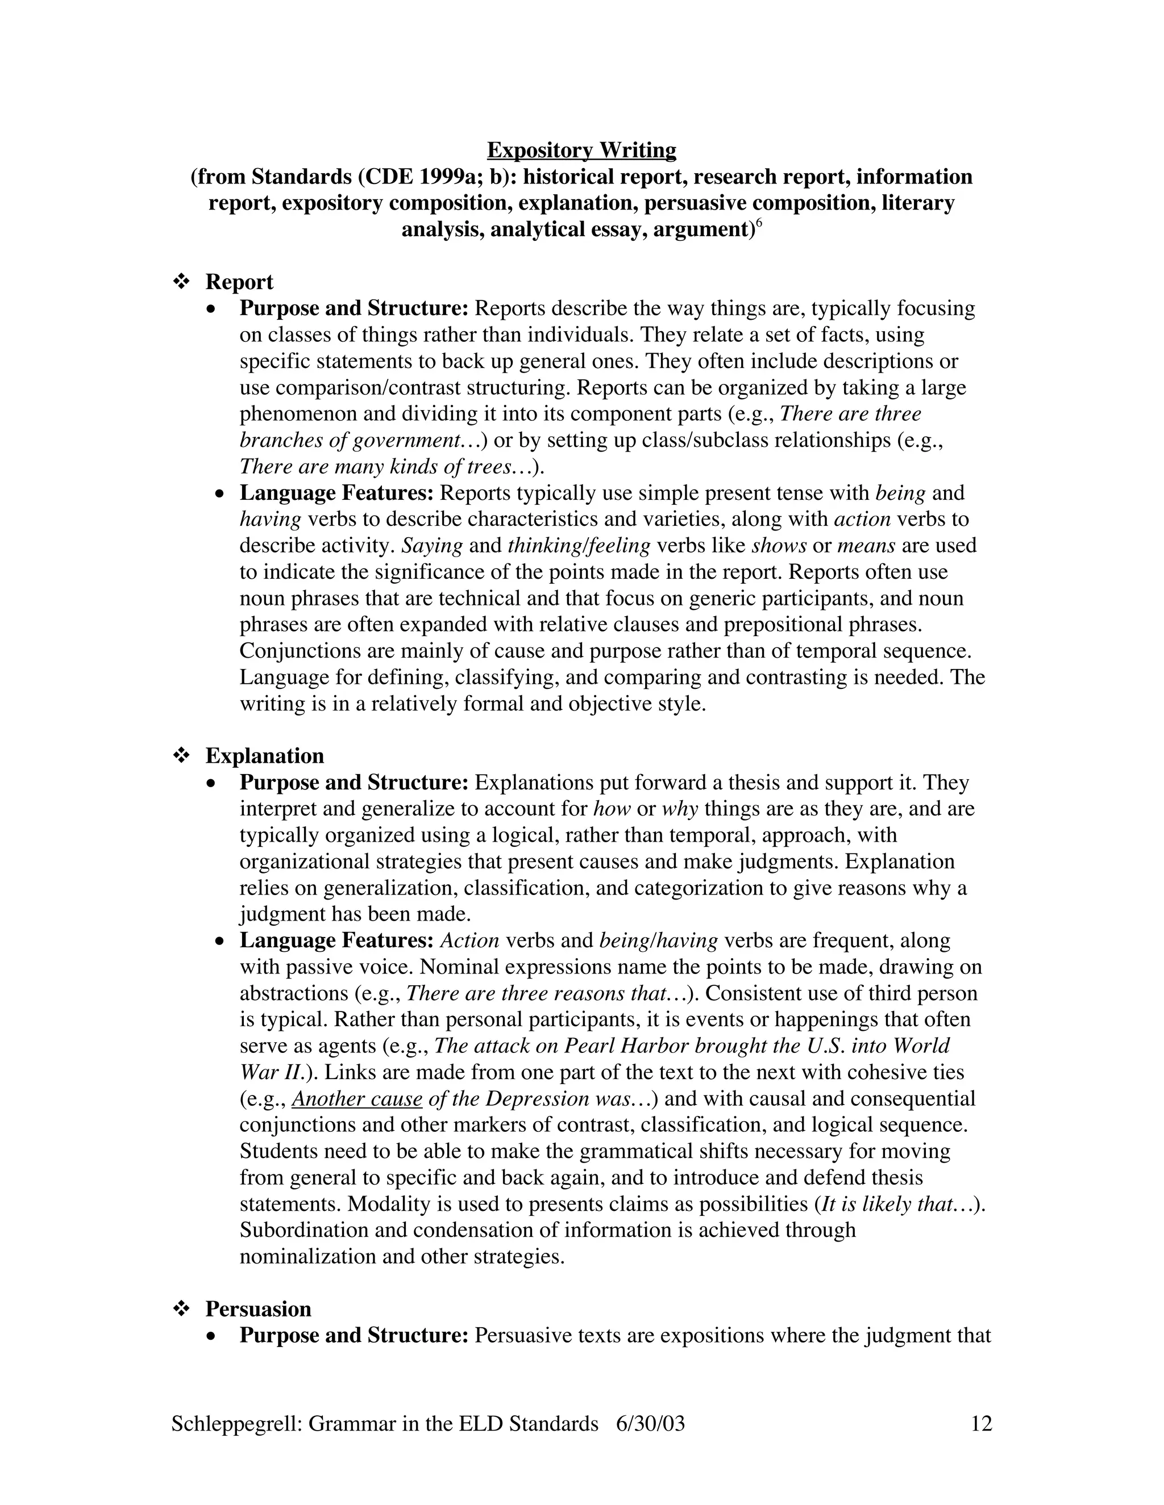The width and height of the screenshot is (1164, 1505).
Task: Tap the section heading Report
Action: pyautogui.click(x=239, y=282)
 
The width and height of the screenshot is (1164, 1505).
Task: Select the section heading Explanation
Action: pyautogui.click(x=264, y=756)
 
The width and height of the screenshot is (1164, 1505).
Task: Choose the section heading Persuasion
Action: pyautogui.click(x=258, y=1309)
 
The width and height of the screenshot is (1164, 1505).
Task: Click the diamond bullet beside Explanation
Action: pyautogui.click(x=181, y=756)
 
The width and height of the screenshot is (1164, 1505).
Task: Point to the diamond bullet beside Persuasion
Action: pyautogui.click(x=181, y=1309)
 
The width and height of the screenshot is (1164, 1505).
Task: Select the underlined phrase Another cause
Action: pyautogui.click(x=356, y=1098)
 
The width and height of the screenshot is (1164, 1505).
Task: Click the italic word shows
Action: pyautogui.click(x=779, y=546)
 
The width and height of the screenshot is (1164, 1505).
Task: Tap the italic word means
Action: pyautogui.click(x=866, y=546)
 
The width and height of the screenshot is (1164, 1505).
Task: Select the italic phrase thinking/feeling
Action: pyautogui.click(x=579, y=546)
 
